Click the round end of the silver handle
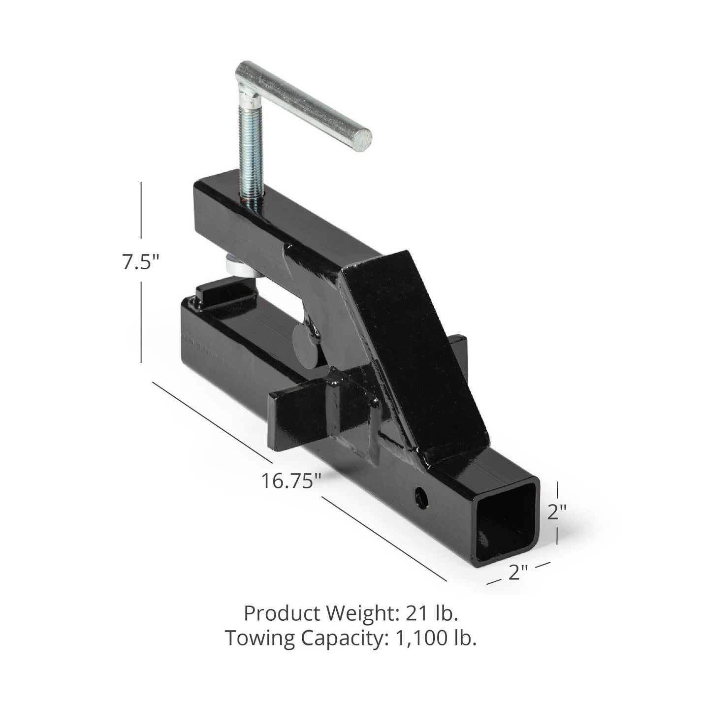coord(363,140)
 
